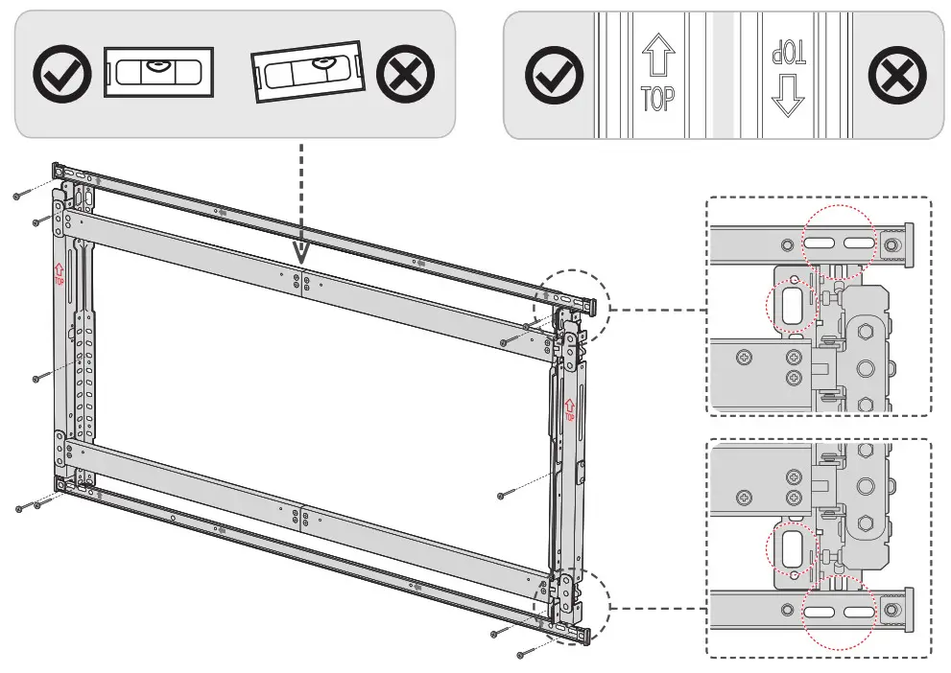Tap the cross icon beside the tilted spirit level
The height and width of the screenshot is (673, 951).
405,74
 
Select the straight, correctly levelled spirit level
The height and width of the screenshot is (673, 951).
158,73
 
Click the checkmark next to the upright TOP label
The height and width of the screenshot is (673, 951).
554,75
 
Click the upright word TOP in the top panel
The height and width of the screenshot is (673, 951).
657,98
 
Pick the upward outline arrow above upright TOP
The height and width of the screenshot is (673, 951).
657,58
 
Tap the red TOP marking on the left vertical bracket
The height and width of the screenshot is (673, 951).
59,276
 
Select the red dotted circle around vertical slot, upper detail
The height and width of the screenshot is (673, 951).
793,301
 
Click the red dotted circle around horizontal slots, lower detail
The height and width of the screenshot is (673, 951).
839,611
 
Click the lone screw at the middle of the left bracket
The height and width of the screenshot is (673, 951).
36,378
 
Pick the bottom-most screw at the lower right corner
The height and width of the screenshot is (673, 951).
523,654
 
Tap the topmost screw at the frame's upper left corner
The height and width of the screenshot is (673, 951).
17,196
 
